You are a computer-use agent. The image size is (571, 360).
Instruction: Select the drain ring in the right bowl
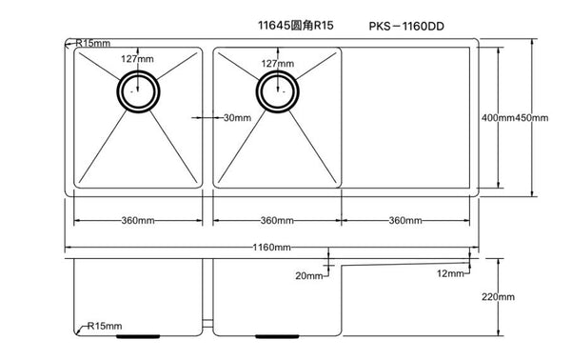277,93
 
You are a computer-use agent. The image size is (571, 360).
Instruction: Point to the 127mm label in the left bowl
137,59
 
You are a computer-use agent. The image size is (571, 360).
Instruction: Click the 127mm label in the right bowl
276,64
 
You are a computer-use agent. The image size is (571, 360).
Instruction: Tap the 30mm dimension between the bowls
235,118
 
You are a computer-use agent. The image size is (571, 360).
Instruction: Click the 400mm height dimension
498,118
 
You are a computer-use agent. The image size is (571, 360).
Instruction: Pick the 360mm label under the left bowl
138,221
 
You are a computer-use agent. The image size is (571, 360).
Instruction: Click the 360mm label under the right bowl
277,221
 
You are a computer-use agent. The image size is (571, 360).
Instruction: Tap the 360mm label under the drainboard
405,221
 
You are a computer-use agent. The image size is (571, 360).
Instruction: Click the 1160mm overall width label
274,248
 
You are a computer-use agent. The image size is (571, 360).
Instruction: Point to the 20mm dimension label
308,275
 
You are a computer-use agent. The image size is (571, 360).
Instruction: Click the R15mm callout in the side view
105,327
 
